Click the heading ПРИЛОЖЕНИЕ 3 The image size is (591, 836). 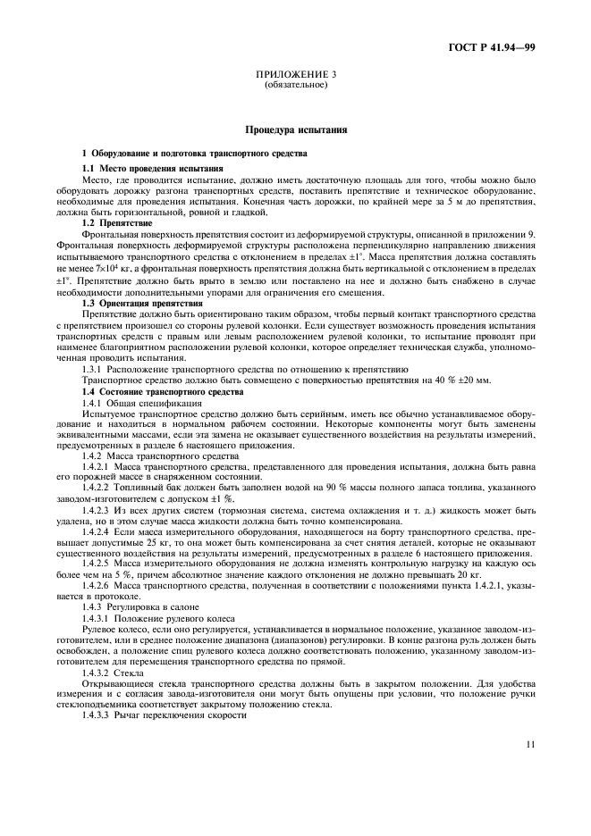(295, 77)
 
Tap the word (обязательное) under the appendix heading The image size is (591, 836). (295, 87)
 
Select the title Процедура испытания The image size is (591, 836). (295, 130)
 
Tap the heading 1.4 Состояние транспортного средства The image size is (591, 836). (164, 391)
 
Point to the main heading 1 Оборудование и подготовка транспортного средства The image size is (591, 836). (194, 155)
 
